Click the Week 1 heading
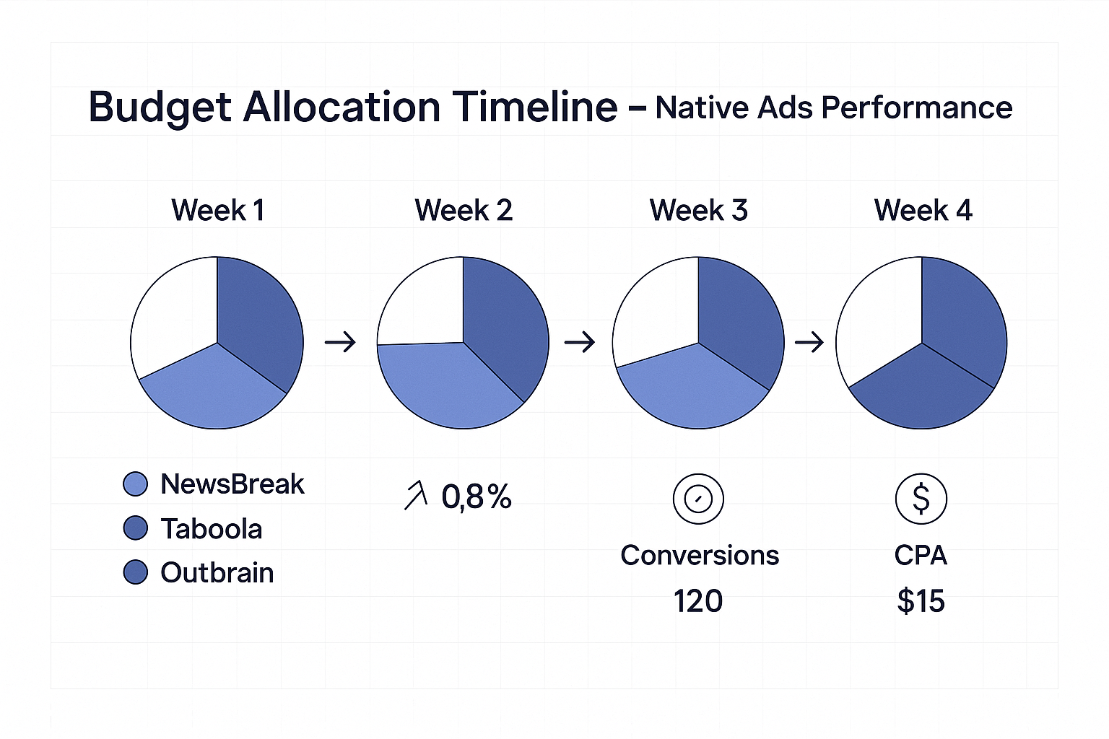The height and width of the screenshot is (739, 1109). (217, 210)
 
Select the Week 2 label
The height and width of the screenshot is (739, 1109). (464, 210)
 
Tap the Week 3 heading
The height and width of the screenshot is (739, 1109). (698, 210)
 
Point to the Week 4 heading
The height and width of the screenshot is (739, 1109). (923, 210)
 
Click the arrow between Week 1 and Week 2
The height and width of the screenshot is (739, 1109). (340, 341)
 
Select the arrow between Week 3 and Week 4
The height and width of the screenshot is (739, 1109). (809, 341)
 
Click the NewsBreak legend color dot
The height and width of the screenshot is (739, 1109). (136, 484)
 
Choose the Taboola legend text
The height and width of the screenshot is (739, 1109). (211, 529)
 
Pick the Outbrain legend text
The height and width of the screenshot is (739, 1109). (217, 573)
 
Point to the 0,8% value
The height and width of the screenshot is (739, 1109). (477, 497)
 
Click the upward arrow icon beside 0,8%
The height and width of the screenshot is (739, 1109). (416, 497)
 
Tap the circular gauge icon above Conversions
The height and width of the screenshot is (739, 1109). (698, 499)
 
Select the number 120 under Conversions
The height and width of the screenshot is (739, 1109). (698, 601)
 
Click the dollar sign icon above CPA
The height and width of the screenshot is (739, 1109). (921, 499)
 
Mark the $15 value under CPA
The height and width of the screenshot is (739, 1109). (921, 601)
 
